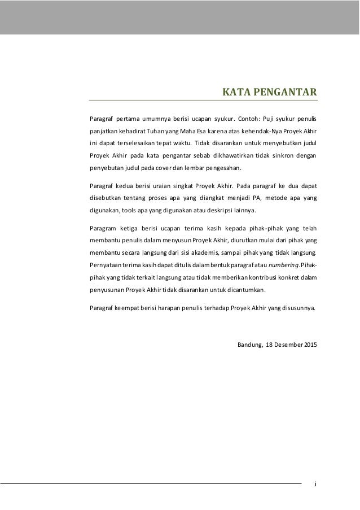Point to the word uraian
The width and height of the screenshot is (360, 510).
[153, 185]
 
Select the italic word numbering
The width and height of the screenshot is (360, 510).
[285, 265]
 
